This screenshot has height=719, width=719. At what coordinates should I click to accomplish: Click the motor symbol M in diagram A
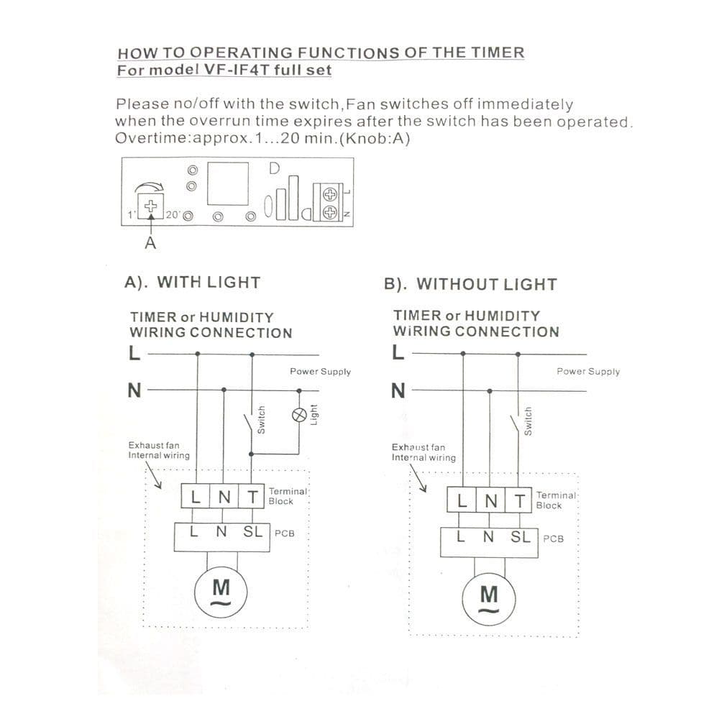pyautogui.click(x=222, y=593)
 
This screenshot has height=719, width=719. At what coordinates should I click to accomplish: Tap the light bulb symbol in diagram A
pyautogui.click(x=299, y=413)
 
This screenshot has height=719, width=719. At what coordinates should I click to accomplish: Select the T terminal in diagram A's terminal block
pyautogui.click(x=252, y=496)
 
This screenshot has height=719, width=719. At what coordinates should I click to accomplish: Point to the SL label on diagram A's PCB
pyautogui.click(x=252, y=533)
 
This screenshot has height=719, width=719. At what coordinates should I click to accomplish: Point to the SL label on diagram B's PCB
pyautogui.click(x=520, y=536)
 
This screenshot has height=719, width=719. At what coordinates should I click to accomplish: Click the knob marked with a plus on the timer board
pyautogui.click(x=151, y=204)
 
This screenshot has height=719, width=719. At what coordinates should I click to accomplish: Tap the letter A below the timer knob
pyautogui.click(x=150, y=243)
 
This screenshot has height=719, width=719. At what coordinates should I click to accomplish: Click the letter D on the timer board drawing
pyautogui.click(x=274, y=169)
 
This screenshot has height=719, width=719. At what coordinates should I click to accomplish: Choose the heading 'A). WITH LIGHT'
pyautogui.click(x=193, y=283)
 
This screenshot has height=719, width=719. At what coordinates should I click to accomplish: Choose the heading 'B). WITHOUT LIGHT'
pyautogui.click(x=470, y=284)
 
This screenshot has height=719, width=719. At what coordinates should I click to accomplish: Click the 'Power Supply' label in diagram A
pyautogui.click(x=320, y=372)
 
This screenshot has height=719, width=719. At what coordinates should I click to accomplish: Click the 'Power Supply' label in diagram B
pyautogui.click(x=587, y=372)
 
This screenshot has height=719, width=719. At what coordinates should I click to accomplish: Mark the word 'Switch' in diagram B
pyautogui.click(x=528, y=421)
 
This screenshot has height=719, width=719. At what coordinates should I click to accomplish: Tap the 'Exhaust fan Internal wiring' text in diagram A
pyautogui.click(x=159, y=450)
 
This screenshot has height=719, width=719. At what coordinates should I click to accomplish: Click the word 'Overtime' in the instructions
pyautogui.click(x=148, y=139)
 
